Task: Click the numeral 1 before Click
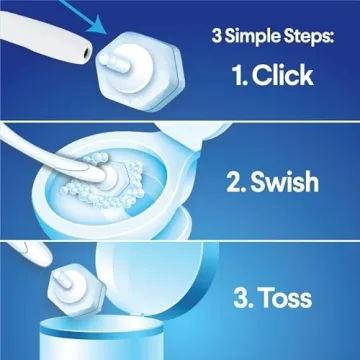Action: pyautogui.click(x=237, y=74)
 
